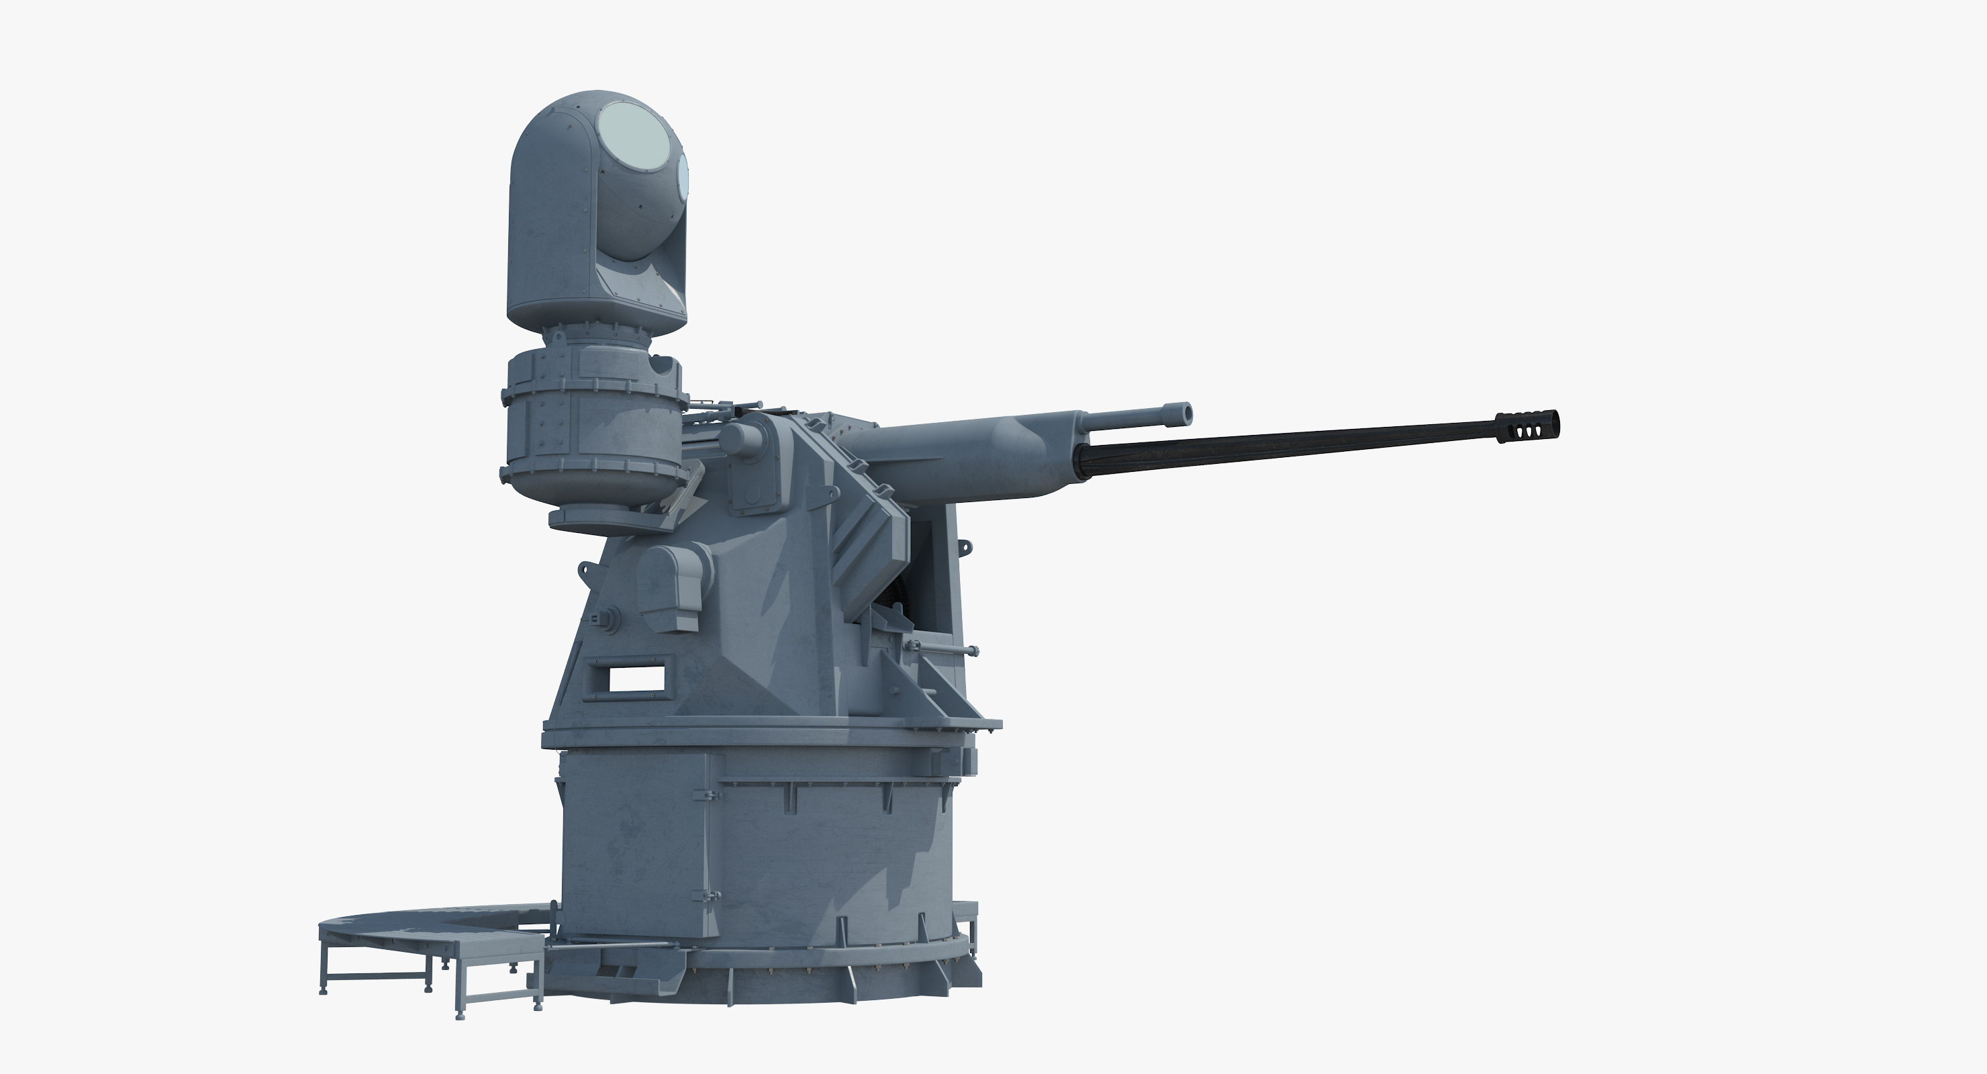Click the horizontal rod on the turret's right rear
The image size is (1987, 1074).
click(937, 650)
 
